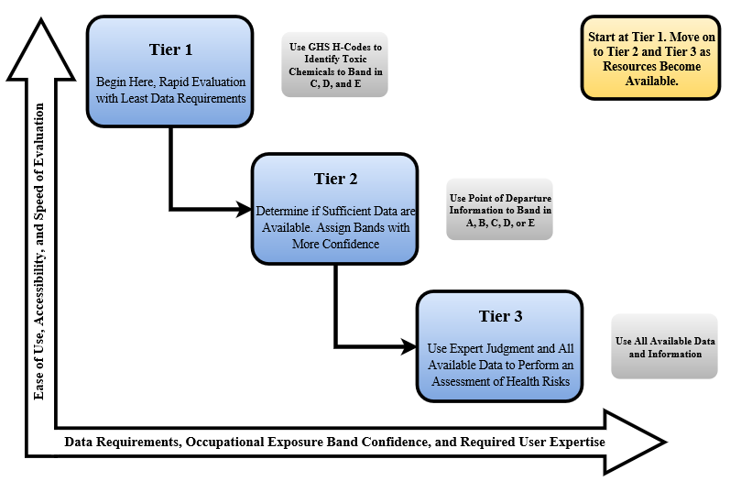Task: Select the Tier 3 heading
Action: (500, 316)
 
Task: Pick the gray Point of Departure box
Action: (499, 210)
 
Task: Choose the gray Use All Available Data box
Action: (665, 346)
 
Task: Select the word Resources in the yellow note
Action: (621, 67)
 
